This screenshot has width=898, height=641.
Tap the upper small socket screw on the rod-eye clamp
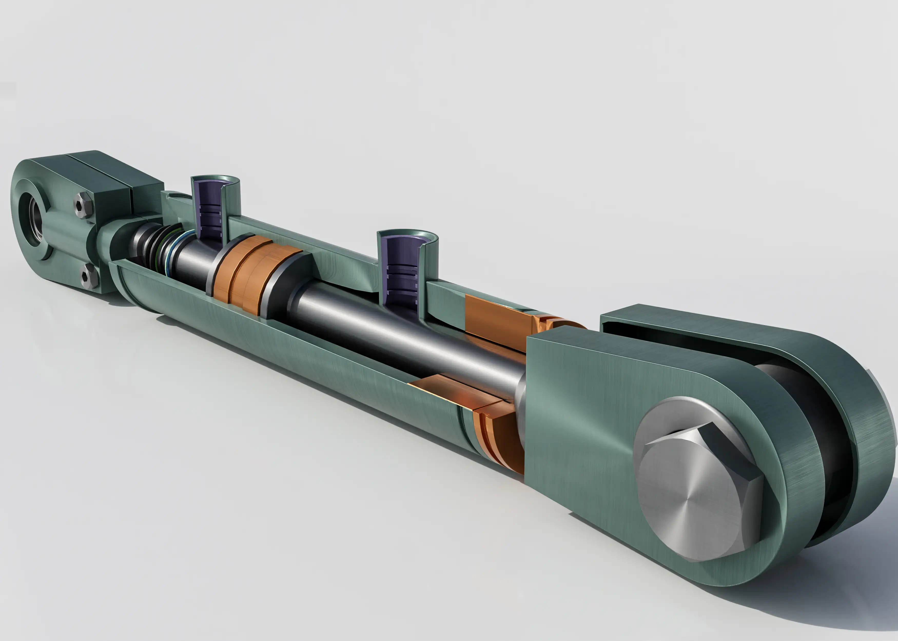[83, 205]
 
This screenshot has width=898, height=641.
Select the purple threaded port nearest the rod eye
[209, 209]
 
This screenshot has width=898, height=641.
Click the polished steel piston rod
[395, 335]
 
